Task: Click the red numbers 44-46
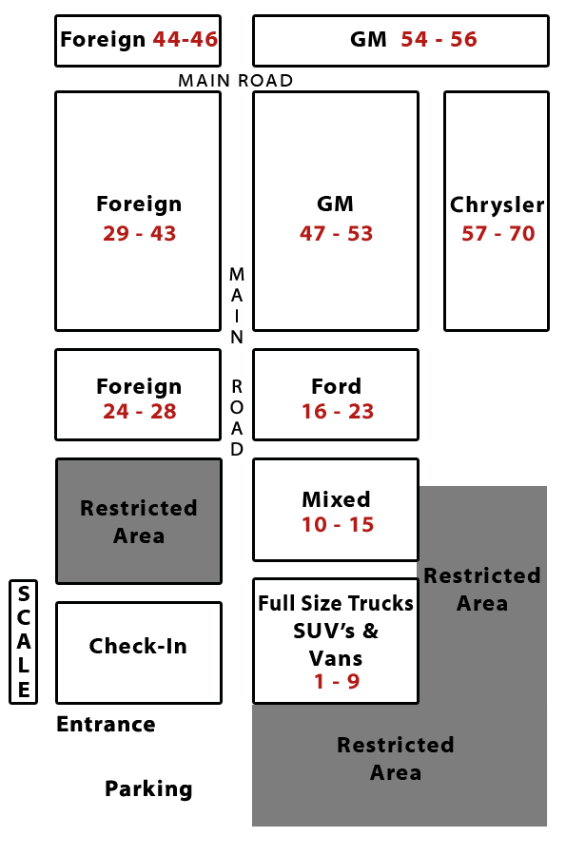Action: point(185,39)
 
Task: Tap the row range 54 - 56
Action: point(439,39)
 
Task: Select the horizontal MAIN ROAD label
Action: point(236,81)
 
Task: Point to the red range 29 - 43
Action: point(140,234)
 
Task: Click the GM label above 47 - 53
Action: point(335,204)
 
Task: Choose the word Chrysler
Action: point(498,205)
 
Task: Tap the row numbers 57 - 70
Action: point(498,234)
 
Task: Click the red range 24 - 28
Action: point(140,412)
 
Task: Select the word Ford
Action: point(336,386)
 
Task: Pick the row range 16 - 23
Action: point(338,412)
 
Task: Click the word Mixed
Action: point(336,499)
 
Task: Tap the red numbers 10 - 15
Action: point(338,525)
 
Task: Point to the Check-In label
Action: point(138,647)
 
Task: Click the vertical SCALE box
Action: point(24,642)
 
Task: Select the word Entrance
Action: point(106,725)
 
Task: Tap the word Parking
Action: point(148,789)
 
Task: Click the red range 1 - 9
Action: point(337,681)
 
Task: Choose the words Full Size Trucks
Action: point(336,604)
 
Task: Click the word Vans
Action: point(336,658)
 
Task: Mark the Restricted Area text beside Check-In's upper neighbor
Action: point(139,522)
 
